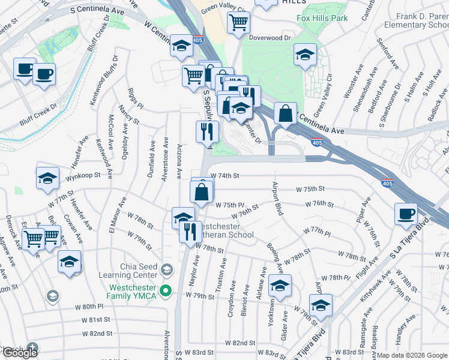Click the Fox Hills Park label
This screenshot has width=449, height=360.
322,18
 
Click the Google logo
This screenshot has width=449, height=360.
20,353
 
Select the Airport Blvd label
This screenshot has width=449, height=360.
278,199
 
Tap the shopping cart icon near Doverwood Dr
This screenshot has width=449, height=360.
238,22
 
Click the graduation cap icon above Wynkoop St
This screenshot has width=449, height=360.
47,177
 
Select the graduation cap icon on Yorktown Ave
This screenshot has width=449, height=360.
280,286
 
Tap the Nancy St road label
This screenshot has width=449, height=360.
128,112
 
